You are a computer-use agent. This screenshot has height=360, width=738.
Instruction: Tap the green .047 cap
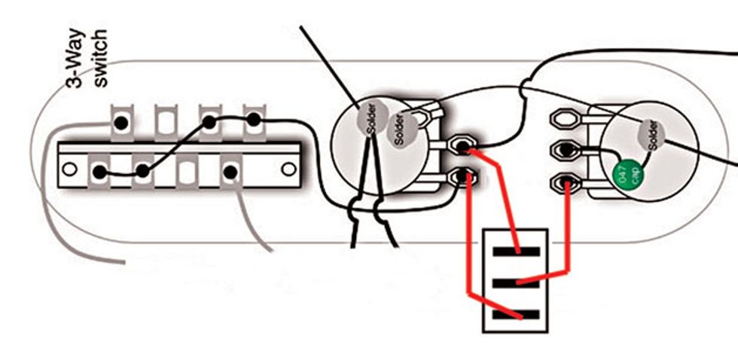pos(627,174)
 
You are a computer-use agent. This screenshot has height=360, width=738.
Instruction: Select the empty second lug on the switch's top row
pos(165,121)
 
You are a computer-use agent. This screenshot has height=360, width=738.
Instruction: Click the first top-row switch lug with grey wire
pos(120,121)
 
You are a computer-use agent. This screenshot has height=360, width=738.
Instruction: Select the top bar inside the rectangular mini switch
pos(517,252)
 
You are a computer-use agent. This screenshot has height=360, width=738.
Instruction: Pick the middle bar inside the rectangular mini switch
pos(517,283)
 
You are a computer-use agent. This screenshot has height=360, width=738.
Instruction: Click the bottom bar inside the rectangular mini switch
pos(517,314)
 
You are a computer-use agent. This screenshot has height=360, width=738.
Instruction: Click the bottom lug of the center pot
pos(462,178)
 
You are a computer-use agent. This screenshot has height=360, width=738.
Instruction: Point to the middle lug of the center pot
pos(462,145)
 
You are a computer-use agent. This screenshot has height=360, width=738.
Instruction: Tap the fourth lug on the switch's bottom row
pos(230,172)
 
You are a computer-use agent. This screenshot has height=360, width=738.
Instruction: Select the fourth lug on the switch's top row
pos(254,119)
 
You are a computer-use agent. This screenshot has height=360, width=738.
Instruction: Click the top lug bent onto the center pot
pos(418,115)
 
